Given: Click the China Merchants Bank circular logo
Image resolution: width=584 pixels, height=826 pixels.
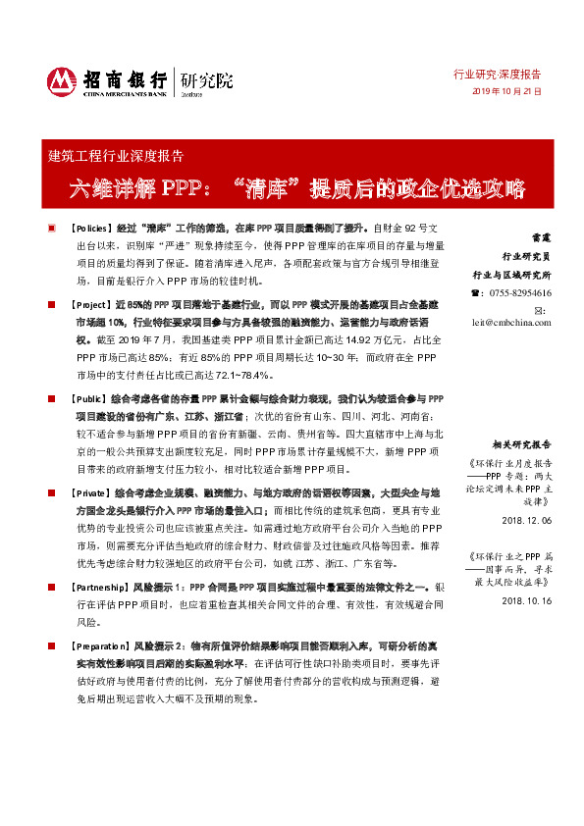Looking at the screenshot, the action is coord(62,82).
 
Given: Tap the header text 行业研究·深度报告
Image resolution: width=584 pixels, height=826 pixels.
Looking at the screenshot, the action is coord(496,74).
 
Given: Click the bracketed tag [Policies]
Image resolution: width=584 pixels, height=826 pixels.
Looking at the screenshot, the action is coord(94,227).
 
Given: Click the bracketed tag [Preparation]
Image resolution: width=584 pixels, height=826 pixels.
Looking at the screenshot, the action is coord(102,648).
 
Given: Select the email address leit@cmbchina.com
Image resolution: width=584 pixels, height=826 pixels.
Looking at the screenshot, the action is coord(511,321).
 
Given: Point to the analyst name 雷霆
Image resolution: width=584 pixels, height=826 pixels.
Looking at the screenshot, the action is coord(540,237).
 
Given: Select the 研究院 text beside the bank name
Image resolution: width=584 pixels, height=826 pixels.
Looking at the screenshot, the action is coord(206,80).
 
